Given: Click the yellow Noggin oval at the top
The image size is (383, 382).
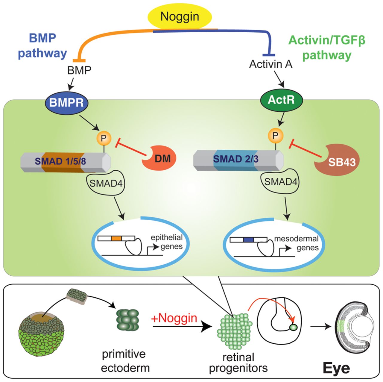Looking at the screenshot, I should click(x=180, y=17).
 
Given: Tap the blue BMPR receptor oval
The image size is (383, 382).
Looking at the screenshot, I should click(x=66, y=103).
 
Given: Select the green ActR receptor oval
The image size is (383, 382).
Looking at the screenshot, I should click(x=282, y=100).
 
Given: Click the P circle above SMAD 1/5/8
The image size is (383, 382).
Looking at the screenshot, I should click(x=104, y=138).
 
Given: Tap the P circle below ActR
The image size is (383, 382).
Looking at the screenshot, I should click(x=275, y=136).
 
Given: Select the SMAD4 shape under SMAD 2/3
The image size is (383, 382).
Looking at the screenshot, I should click(x=281, y=181).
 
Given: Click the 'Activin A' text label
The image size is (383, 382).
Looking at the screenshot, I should click(x=270, y=64).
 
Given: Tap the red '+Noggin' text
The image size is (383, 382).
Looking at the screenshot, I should click(x=174, y=318).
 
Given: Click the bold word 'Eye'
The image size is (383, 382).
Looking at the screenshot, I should click(x=336, y=368).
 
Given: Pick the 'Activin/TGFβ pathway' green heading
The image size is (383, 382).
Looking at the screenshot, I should click(x=327, y=48).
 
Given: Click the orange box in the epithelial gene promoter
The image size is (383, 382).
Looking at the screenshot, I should click(x=116, y=238).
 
